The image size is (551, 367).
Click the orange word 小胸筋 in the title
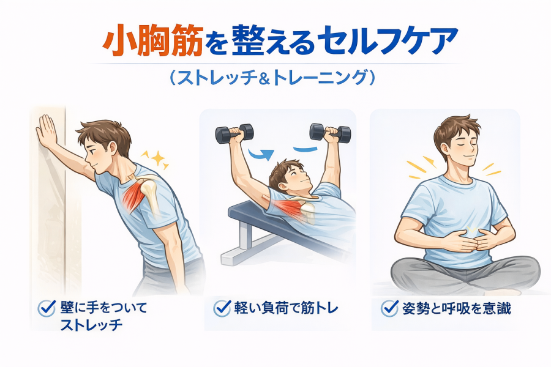[x=152, y=40]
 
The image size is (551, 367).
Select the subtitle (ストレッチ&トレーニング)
[x=272, y=78]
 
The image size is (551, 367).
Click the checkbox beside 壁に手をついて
[x=47, y=308]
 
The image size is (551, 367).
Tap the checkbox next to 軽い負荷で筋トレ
[x=222, y=308]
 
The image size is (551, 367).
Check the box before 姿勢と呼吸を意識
[x=389, y=308]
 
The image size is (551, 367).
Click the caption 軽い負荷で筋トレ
[x=286, y=308]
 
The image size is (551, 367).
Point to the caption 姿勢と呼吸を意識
[x=457, y=308]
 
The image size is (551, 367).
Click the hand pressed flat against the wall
[x=47, y=132]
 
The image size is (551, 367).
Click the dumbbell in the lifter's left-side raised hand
[x=234, y=133]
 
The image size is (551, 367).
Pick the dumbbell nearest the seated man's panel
[x=329, y=133]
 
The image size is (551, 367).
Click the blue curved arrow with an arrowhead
[x=260, y=154]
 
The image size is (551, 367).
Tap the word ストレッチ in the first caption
[x=91, y=325]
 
